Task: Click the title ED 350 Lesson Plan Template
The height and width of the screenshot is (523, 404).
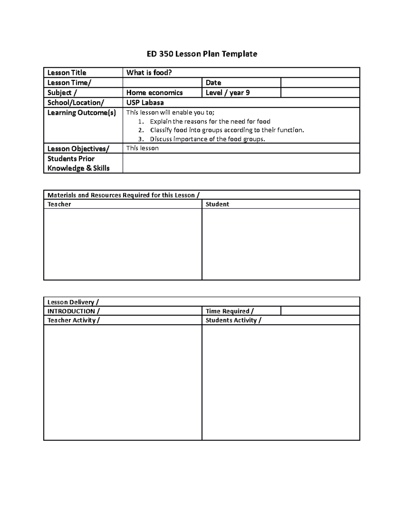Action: point(202,54)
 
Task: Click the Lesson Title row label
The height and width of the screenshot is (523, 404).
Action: point(67,73)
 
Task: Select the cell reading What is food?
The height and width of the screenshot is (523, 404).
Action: point(149,73)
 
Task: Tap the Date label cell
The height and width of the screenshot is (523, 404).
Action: point(213,83)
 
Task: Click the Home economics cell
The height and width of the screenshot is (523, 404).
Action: point(155,93)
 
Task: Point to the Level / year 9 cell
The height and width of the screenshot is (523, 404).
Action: point(228,93)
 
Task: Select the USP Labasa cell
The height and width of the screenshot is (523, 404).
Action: point(145,103)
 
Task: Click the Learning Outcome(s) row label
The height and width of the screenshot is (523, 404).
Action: point(81,113)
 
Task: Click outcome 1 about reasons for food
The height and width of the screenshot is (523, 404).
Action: point(210,122)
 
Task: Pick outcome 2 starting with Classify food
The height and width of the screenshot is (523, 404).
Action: point(227,130)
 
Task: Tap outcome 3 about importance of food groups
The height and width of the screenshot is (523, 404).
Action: point(207,139)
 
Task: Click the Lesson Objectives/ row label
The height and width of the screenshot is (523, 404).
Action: point(78,149)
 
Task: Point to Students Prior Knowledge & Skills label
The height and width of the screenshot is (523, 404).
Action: point(78,163)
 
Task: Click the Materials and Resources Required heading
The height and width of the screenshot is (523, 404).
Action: point(123,195)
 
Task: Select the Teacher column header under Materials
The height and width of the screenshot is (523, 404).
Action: point(59,204)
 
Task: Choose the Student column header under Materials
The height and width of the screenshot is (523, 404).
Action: point(217,204)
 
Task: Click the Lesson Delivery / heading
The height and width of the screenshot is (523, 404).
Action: point(73,302)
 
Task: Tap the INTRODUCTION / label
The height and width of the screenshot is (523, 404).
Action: point(73,311)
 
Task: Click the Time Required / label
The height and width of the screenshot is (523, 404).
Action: point(230,311)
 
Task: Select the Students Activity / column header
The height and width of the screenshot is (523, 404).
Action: point(233,320)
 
